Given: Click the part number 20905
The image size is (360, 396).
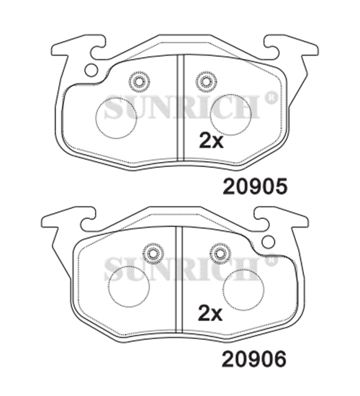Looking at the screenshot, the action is (255, 186).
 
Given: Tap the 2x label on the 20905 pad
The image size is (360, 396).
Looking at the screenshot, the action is (211, 140).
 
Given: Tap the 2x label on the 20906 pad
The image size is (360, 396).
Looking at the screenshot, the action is (210, 313).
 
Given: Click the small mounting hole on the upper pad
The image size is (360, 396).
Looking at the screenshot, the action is (91, 70).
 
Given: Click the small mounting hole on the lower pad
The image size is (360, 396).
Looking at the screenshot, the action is (269, 242).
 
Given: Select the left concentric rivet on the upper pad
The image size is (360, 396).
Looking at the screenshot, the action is (139, 82).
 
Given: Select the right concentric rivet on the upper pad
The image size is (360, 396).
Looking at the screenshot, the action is (206, 82).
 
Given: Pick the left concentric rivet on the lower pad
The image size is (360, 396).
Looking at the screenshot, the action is (153, 253).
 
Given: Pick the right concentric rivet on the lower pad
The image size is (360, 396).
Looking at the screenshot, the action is (220, 253).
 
